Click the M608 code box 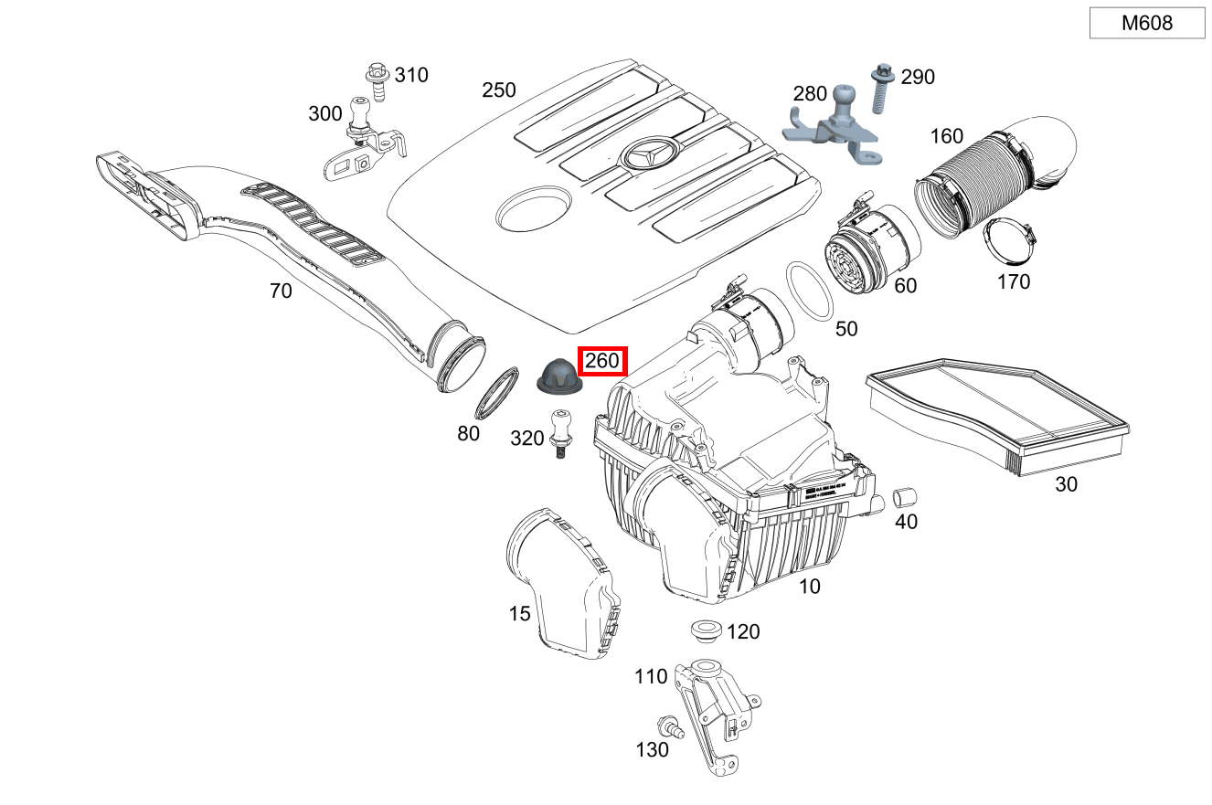1146,24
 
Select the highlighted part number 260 602,362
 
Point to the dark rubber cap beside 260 556,377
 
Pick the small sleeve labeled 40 904,497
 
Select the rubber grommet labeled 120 705,630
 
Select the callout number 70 281,291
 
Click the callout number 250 499,90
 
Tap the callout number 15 519,614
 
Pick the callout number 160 946,136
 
